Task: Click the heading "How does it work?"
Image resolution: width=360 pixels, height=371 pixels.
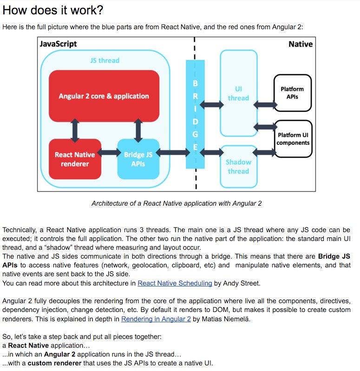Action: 54,10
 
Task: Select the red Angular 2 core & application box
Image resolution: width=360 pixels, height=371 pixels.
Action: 104,96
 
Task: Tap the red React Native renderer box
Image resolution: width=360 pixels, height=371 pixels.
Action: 75,159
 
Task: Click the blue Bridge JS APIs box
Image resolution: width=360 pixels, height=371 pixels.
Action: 138,159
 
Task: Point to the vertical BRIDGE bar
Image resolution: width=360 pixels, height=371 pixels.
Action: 195,116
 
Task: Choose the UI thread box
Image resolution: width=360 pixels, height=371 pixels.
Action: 238,93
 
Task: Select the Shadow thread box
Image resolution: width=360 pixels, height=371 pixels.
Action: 238,166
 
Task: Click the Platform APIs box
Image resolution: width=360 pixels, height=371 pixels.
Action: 292,92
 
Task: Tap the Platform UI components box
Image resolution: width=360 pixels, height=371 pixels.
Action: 293,138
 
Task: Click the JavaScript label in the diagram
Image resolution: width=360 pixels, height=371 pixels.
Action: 59,44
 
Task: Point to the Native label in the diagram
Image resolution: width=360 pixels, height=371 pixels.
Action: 301,44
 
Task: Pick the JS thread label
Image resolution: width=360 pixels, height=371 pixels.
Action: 105,60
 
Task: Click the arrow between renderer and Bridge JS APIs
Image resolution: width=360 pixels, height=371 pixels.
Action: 109,152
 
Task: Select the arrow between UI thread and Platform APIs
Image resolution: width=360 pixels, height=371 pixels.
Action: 265,104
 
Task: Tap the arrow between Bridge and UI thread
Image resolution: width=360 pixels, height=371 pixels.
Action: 212,104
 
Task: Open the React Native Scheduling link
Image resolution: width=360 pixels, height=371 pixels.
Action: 175,283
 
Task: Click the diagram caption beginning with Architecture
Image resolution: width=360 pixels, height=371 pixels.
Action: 177,203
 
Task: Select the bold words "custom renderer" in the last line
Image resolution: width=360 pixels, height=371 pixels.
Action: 52,363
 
